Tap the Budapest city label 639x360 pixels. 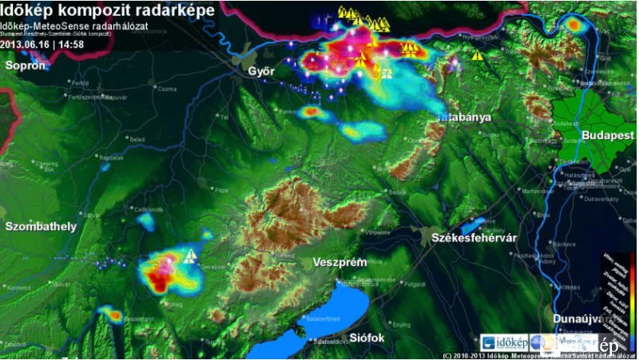click(x=608, y=136)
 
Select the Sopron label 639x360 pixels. click(x=25, y=65)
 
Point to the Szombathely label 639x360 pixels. click(x=41, y=227)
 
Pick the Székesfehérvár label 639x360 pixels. click(x=474, y=239)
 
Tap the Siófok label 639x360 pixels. click(x=367, y=338)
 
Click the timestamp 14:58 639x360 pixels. click(x=70, y=45)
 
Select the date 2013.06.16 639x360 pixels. click(x=26, y=45)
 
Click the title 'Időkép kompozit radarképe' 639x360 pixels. click(x=108, y=10)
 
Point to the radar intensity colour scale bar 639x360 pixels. click(x=632, y=288)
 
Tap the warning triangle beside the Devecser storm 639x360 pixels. click(x=190, y=256)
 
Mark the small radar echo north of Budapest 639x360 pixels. click(x=574, y=25)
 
